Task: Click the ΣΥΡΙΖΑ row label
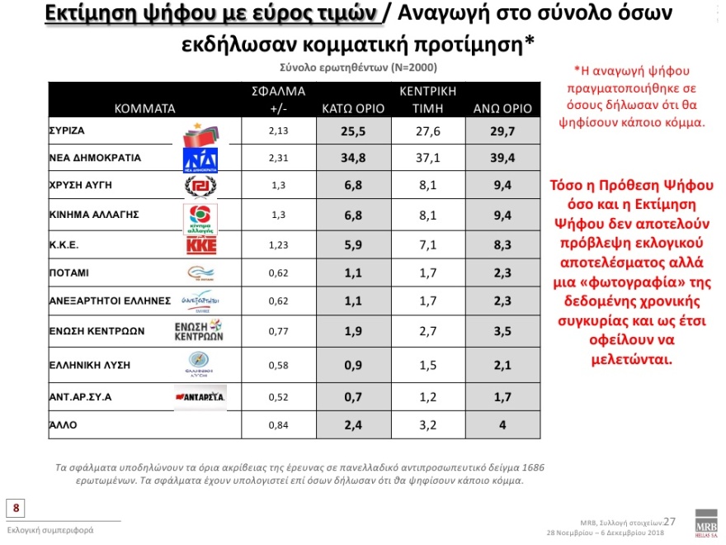coord(68,130)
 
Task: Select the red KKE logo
coord(200,245)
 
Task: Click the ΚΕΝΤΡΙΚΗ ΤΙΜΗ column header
coord(427,100)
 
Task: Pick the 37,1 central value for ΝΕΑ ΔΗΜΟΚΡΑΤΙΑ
coord(427,157)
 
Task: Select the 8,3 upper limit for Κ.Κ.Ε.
coord(502,245)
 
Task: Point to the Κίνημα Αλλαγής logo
coord(200,217)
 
